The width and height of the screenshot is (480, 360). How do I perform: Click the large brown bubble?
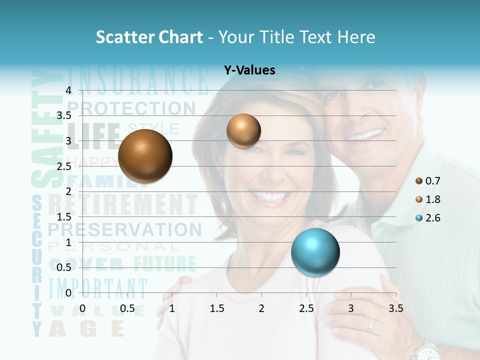click(145, 156)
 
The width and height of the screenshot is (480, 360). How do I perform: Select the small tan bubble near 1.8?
click(243, 130)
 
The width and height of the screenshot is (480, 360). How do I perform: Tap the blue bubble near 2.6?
click(315, 252)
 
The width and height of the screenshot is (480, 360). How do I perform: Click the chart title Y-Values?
click(249, 70)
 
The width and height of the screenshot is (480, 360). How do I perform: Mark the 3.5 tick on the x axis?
click(395, 308)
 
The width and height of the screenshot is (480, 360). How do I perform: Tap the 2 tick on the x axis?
click(261, 308)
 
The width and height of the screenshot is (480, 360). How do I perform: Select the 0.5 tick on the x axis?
click(127, 308)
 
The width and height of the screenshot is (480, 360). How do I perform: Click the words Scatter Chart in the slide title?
click(149, 37)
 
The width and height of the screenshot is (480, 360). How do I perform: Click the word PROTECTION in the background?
click(131, 108)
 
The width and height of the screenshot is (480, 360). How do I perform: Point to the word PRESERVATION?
click(125, 229)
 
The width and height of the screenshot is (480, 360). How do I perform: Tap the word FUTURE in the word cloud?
click(164, 263)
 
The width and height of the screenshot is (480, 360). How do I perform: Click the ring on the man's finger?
click(370, 325)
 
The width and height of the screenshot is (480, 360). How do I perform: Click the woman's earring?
click(220, 175)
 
